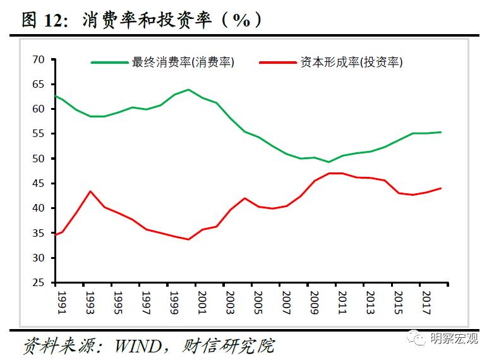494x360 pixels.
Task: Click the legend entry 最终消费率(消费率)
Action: tap(183, 63)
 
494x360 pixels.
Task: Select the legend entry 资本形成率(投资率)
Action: tap(351, 63)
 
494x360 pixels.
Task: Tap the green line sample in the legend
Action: tap(110, 63)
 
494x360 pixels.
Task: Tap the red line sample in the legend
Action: tap(278, 63)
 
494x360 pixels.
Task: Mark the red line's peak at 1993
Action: tap(90, 191)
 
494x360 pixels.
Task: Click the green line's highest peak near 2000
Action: tap(188, 90)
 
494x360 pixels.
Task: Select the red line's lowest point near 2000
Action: tap(188, 239)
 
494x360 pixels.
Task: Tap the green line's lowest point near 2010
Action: tap(328, 162)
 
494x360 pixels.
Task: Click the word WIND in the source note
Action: tap(137, 346)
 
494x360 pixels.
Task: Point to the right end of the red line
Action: tap(440, 188)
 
